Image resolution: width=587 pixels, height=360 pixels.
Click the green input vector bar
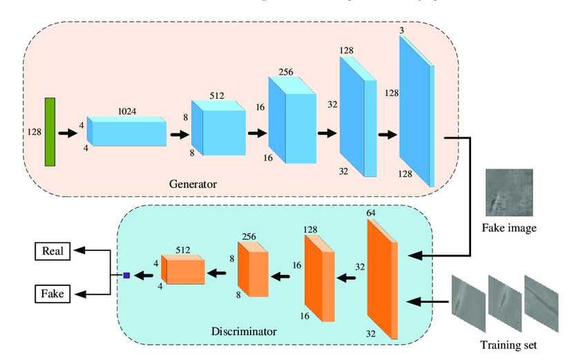[50, 132]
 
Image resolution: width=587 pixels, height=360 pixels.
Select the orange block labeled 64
[382, 280]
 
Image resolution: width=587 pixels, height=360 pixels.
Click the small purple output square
[126, 276]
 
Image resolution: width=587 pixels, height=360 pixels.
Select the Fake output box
[52, 294]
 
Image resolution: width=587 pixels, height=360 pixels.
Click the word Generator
[193, 184]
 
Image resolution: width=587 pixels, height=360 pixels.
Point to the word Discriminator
[243, 332]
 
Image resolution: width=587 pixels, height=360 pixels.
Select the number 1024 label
[126, 111]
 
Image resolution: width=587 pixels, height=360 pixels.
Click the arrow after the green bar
[68, 131]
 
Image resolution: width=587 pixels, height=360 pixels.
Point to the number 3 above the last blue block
[401, 30]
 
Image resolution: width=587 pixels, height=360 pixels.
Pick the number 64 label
[371, 213]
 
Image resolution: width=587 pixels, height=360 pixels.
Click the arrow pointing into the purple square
[144, 276]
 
